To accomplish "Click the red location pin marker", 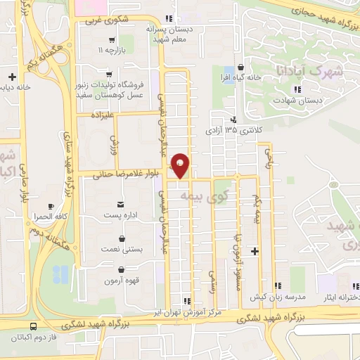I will click(x=181, y=165).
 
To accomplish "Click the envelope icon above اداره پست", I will click(x=122, y=204).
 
